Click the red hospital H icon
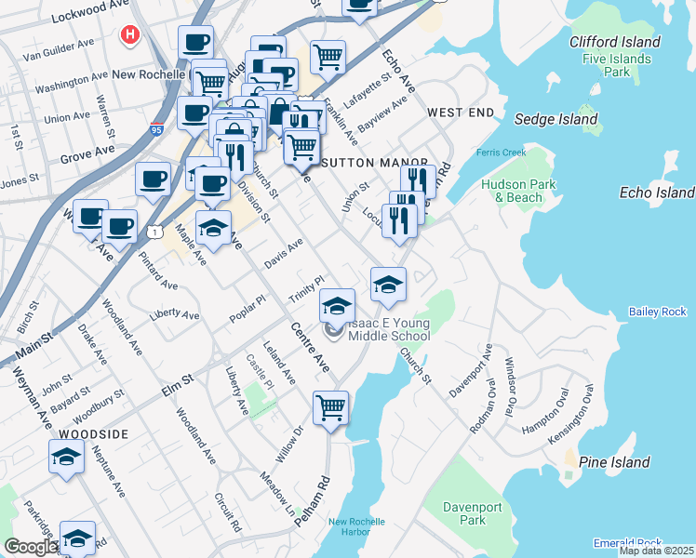tap(130, 35)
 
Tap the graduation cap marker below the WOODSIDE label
tap(66, 457)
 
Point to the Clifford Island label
tap(615, 42)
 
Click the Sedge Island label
tap(556, 119)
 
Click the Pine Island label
tap(614, 462)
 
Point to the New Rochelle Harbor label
tap(355, 526)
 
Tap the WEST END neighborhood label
tap(461, 113)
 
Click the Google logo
tap(30, 547)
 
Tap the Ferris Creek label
tap(501, 153)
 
